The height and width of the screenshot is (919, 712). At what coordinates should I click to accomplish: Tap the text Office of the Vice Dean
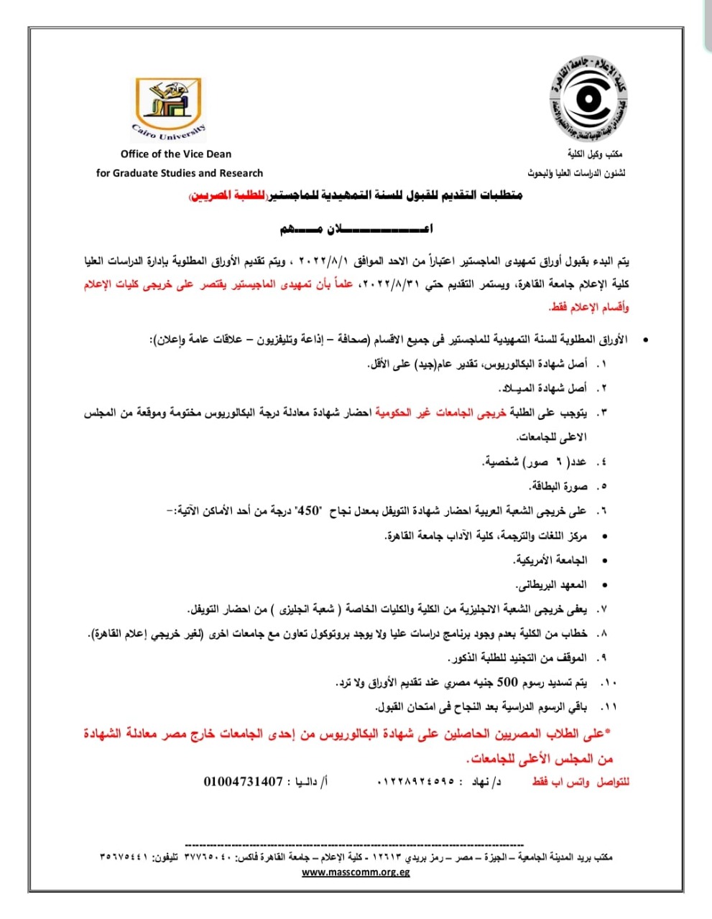tap(176, 154)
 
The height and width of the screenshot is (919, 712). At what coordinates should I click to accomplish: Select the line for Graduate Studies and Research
tap(180, 173)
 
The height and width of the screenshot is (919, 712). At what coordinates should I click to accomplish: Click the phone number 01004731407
tap(244, 781)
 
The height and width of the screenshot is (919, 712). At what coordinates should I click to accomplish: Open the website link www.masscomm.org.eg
tap(356, 872)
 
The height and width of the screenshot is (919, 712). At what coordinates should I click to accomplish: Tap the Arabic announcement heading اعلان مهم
tap(356, 230)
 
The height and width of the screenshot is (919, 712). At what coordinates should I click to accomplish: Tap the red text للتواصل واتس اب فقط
tap(581, 781)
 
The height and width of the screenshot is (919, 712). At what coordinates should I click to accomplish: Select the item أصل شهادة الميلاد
tap(543, 388)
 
